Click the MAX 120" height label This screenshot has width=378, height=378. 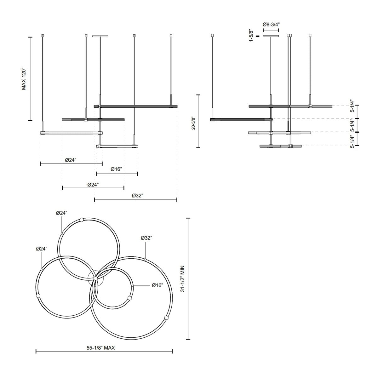pyautogui.click(x=24, y=79)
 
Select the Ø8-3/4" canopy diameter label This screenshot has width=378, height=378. pyautogui.click(x=271, y=24)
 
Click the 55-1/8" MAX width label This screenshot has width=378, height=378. pyautogui.click(x=104, y=346)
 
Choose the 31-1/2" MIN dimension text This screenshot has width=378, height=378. pyautogui.click(x=182, y=279)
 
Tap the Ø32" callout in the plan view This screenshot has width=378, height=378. pyautogui.click(x=146, y=238)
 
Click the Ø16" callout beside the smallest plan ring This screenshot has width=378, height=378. pyautogui.click(x=157, y=285)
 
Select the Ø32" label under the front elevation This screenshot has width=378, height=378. pyautogui.click(x=137, y=196)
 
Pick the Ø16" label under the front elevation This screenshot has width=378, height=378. pyautogui.click(x=116, y=169)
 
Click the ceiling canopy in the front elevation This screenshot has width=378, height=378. pyautogui.click(x=100, y=36)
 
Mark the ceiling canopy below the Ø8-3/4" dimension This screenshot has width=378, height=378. pyautogui.click(x=271, y=36)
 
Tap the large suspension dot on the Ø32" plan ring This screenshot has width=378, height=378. pyautogui.click(x=166, y=318)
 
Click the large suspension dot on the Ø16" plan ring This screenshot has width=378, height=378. pyautogui.click(x=129, y=298)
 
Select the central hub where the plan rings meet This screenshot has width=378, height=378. pyautogui.click(x=95, y=278)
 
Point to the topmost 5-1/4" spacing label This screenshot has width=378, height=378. pyautogui.click(x=352, y=106)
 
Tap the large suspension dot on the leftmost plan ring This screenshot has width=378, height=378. pyautogui.click(x=38, y=296)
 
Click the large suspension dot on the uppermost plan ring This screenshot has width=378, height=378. pyautogui.click(x=82, y=220)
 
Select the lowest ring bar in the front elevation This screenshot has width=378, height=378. pyautogui.click(x=117, y=146)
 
